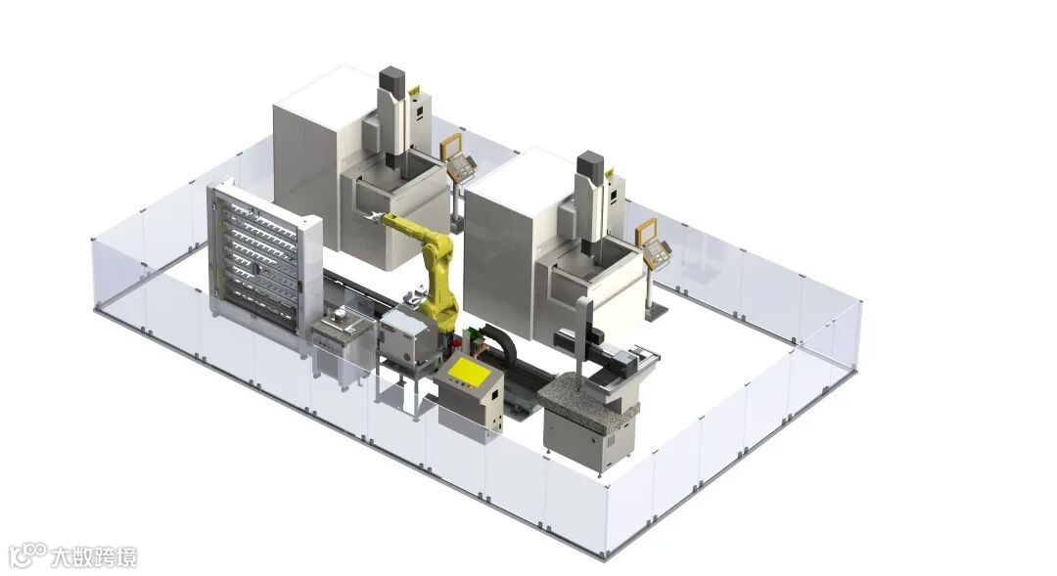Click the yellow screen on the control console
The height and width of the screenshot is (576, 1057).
tap(469, 370)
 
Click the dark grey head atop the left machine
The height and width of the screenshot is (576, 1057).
tap(391, 80)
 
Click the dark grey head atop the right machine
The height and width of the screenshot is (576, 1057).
tap(590, 165)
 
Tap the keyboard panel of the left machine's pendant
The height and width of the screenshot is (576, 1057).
tap(462, 166)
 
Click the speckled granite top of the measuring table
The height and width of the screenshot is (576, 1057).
tap(580, 393)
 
